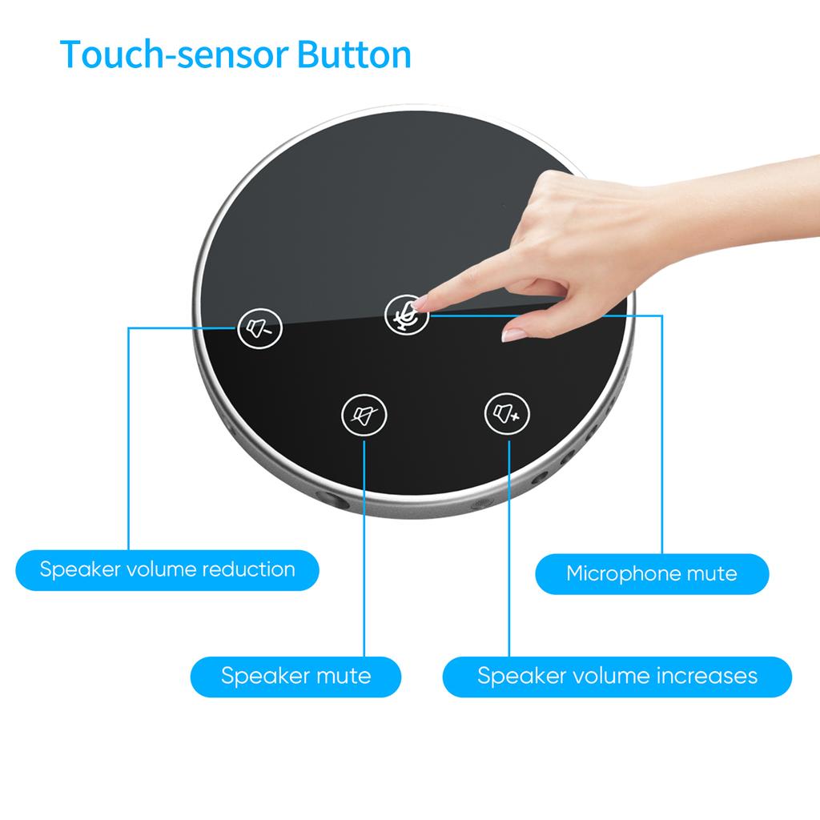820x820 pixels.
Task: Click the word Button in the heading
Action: (x=354, y=54)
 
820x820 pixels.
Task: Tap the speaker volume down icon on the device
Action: (x=259, y=328)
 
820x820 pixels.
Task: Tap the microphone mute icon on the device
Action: (x=406, y=314)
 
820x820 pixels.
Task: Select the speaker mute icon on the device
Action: (x=364, y=415)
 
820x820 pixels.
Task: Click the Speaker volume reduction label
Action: (x=167, y=570)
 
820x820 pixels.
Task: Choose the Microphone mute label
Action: (x=652, y=573)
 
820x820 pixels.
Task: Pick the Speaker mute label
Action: (x=296, y=676)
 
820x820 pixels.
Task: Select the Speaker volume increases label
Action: (x=617, y=676)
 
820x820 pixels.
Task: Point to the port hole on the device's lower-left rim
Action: (x=334, y=500)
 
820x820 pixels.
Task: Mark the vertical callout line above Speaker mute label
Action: (x=364, y=549)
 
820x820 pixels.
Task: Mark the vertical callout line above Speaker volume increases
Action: (x=508, y=549)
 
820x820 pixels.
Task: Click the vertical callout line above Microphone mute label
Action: (x=662, y=434)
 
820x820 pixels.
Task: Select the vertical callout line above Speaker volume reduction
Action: (x=129, y=439)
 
